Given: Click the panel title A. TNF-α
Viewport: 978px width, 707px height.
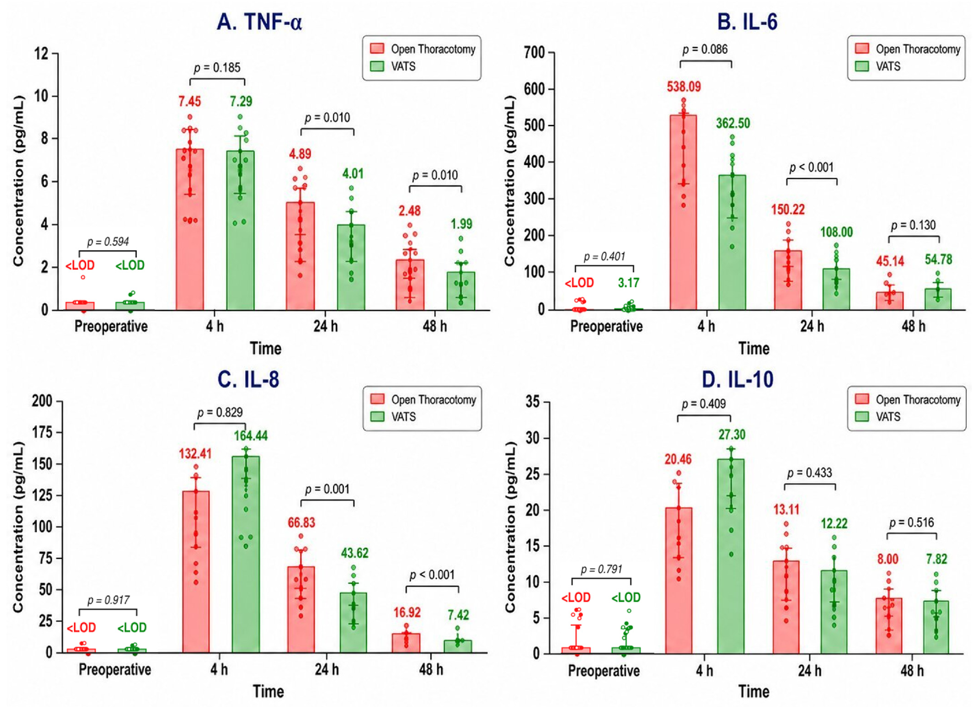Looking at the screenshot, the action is coord(260,22).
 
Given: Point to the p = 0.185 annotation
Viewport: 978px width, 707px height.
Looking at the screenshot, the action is coord(217,68).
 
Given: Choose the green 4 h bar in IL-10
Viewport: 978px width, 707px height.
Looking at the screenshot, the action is coord(731,556).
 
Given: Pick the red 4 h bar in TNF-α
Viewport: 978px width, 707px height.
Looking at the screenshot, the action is coord(190,230).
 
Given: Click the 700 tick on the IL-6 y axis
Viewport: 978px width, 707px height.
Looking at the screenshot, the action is coord(535,53).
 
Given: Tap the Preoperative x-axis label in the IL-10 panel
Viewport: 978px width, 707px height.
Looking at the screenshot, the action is coord(604,671).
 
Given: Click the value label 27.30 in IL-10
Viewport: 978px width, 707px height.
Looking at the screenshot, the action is coord(732,435).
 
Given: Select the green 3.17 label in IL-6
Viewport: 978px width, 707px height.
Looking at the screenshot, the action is coord(628,283).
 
